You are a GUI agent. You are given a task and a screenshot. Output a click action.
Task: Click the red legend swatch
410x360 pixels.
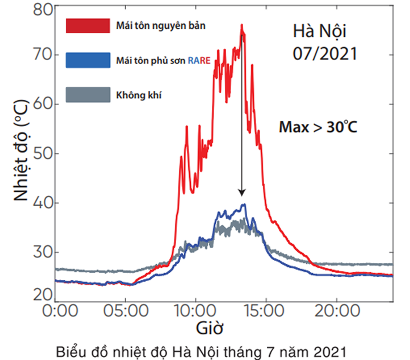pos(87,25)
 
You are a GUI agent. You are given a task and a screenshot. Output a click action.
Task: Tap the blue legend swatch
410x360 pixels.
pos(87,59)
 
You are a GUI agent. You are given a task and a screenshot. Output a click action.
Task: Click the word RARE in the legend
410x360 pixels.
pos(199,59)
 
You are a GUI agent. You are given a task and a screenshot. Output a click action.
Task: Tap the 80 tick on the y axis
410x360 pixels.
pos(41,8)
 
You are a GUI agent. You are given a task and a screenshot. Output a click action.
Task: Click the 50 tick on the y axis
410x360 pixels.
pos(41,153)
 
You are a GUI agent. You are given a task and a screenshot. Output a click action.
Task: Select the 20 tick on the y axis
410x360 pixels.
pos(41,294)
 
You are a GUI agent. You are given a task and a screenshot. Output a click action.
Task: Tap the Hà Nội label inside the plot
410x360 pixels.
pos(319,31)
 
